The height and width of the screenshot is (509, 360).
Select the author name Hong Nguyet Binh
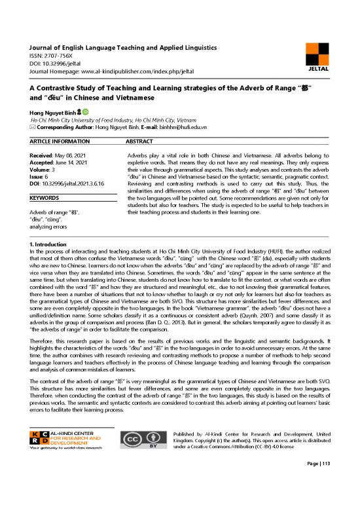point(48,112)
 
